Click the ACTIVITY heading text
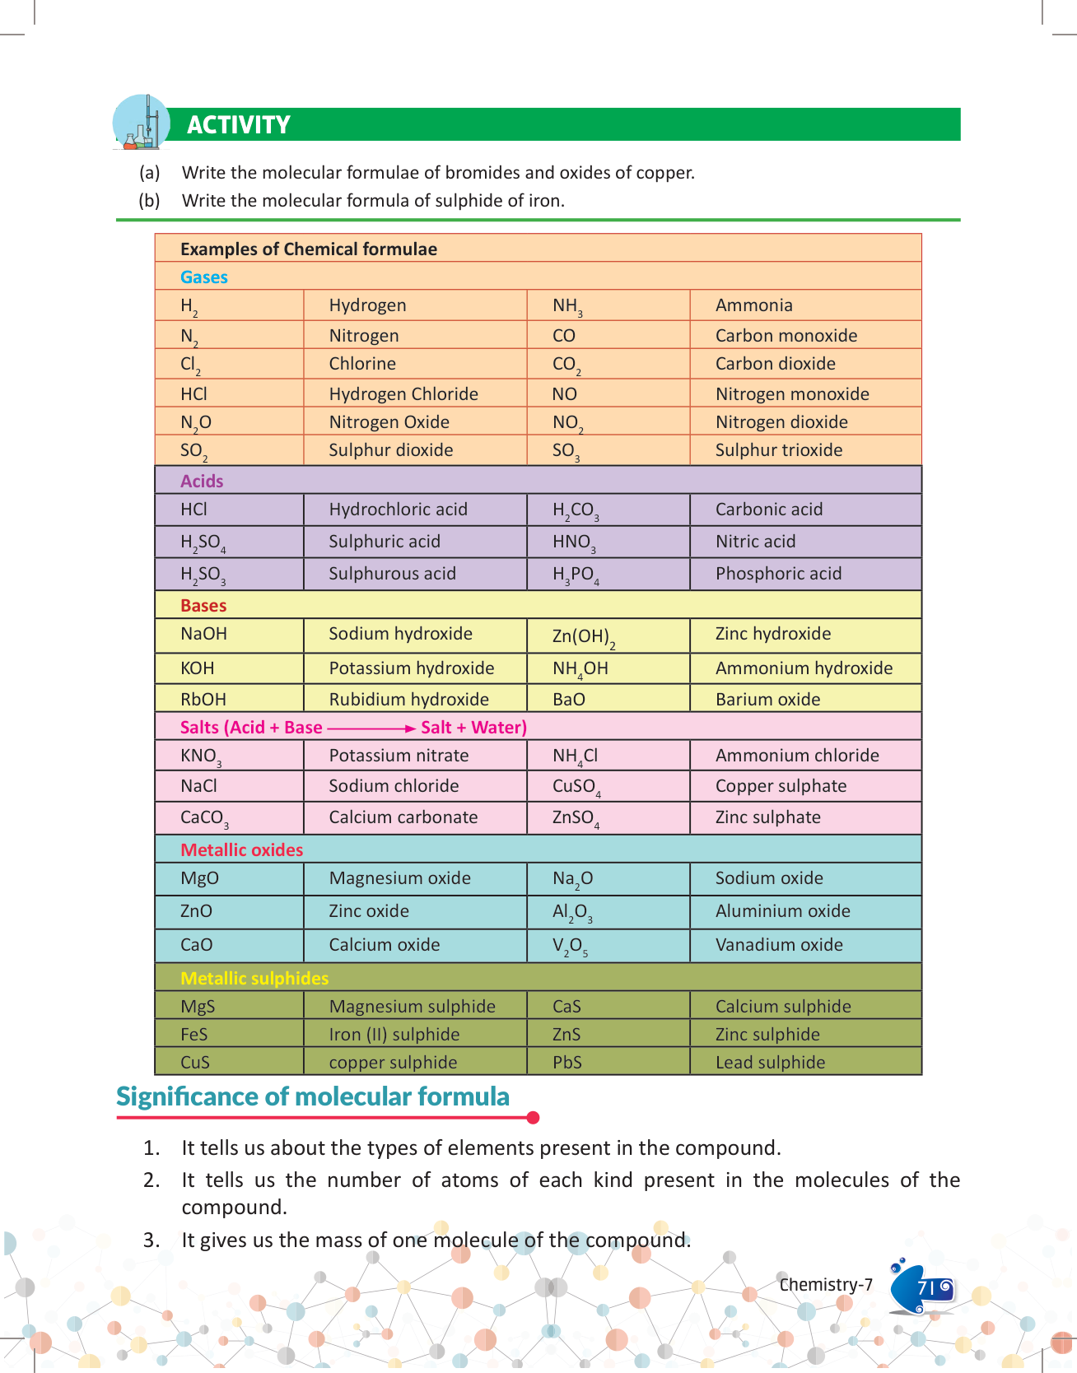coord(238,125)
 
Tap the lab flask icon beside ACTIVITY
coord(141,123)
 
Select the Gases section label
coord(203,277)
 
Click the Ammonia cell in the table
coord(753,305)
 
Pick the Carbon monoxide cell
coord(786,336)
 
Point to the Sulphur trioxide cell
coord(778,450)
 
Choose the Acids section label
coord(202,482)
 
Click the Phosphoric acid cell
coord(778,574)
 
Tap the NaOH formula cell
coord(203,634)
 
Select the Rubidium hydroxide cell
coord(408,700)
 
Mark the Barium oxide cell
coord(767,700)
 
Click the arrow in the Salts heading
coord(371,728)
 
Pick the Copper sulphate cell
coord(780,786)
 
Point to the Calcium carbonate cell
coord(403,817)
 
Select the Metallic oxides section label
coord(241,850)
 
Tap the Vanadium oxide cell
coord(778,945)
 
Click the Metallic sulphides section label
coord(254,979)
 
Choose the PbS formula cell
coord(566,1063)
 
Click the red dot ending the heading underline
coord(533,1118)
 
